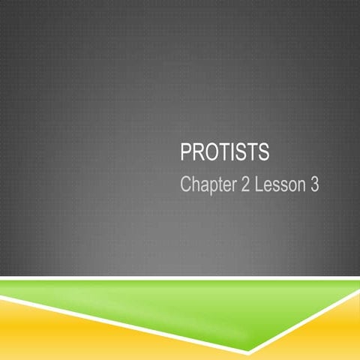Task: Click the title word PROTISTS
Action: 225,154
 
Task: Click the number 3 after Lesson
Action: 314,184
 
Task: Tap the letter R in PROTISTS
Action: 197,154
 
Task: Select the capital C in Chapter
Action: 186,184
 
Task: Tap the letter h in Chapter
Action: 196,184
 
